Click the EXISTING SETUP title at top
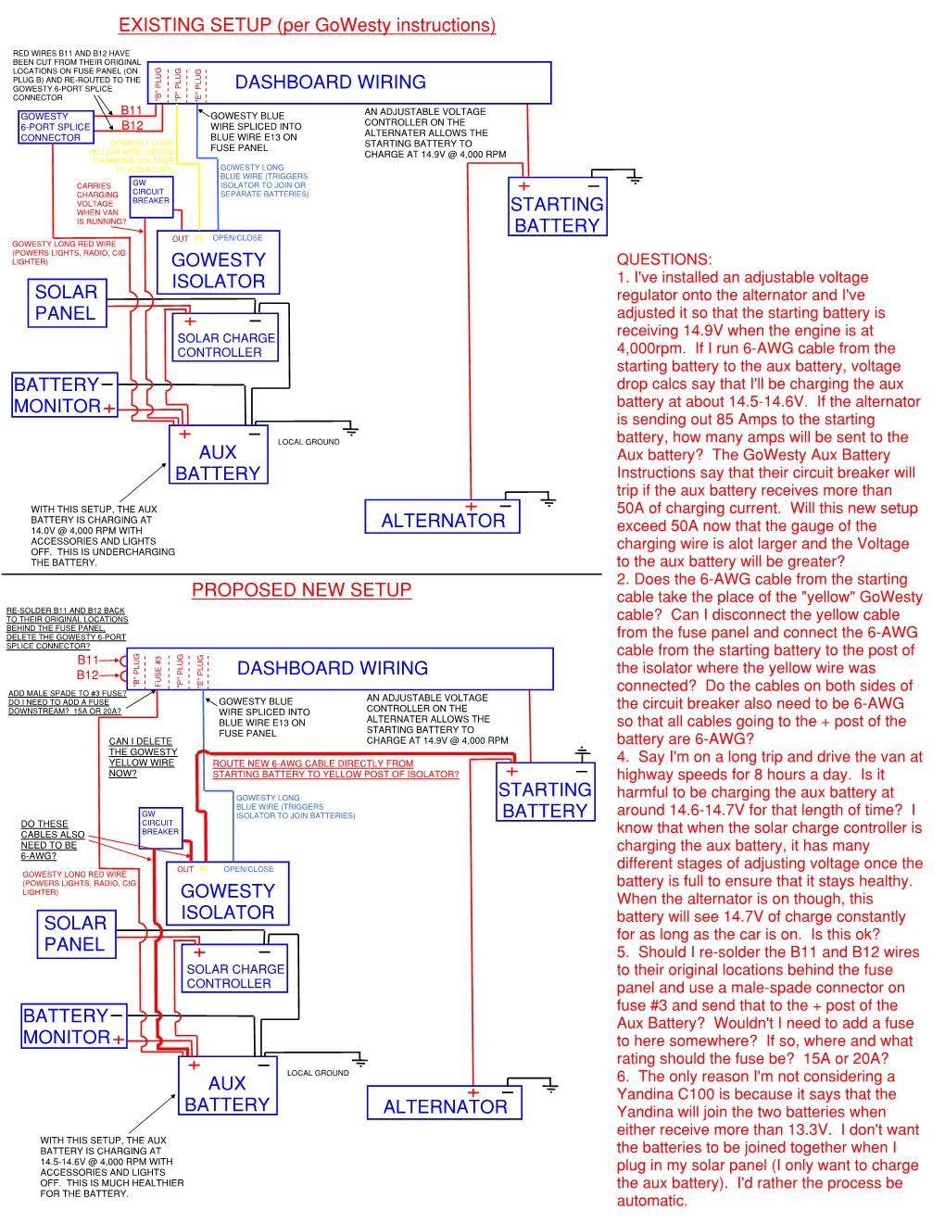pos(307,25)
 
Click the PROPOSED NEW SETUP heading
pos(301,590)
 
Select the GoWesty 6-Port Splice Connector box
pos(56,127)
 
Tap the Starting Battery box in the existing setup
pos(557,207)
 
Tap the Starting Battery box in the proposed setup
pos(545,792)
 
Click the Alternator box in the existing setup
pos(442,517)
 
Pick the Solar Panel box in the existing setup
pos(66,302)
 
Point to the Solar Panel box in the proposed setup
pos(75,934)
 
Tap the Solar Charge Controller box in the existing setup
pos(225,338)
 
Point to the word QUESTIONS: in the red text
pos(664,259)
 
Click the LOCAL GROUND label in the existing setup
pos(309,442)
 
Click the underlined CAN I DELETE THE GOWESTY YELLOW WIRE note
pos(143,757)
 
